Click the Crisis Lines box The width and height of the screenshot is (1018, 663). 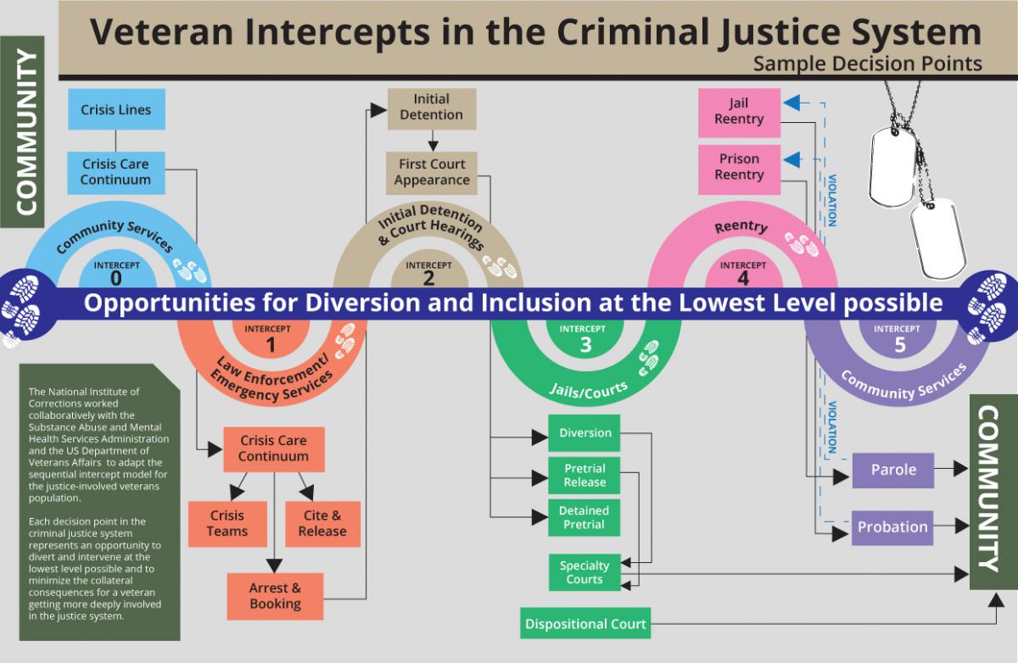click(116, 109)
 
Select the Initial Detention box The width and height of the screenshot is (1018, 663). click(432, 108)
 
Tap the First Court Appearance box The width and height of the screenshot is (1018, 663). click(432, 172)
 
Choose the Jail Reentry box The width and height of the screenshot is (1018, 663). click(739, 112)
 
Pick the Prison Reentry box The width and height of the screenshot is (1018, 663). click(739, 167)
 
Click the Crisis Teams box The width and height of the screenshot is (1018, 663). click(227, 523)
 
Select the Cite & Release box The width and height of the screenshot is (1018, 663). click(322, 523)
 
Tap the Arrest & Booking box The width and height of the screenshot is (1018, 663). click(275, 596)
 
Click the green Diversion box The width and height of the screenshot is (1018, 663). click(585, 433)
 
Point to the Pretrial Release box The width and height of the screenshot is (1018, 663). click(585, 475)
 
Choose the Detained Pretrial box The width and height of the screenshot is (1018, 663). click(585, 517)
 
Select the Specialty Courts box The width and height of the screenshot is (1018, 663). click(585, 572)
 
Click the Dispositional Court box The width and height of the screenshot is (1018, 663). click(585, 624)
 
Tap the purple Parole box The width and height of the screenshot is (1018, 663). click(892, 470)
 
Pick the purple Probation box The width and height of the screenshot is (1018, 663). click(892, 527)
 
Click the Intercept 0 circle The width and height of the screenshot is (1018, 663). click(116, 273)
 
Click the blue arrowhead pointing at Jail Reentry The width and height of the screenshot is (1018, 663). click(791, 103)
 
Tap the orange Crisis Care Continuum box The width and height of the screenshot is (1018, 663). click(274, 448)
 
